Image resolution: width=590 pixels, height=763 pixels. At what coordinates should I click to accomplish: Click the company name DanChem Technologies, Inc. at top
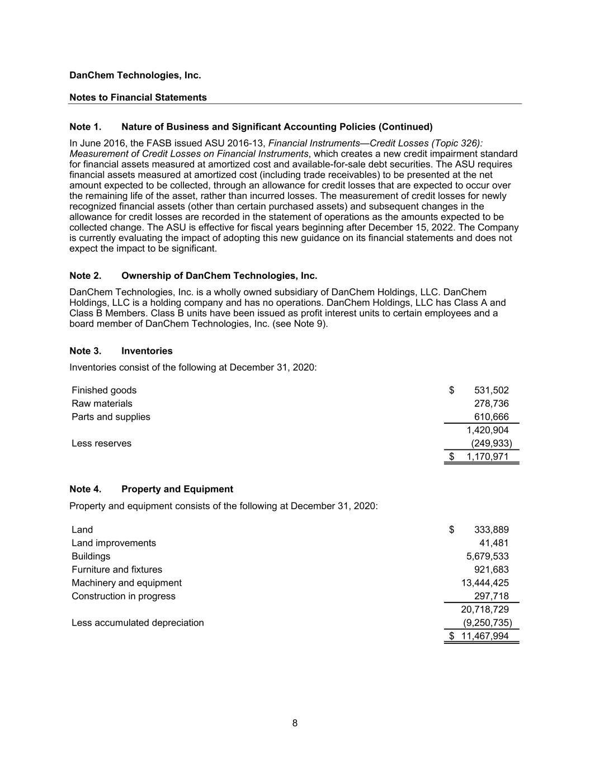(135, 75)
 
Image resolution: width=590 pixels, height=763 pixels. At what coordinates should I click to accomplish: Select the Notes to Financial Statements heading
(138, 97)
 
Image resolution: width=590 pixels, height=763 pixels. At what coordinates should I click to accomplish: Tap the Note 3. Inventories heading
(121, 351)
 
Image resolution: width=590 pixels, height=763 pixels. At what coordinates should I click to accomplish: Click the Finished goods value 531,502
(491, 390)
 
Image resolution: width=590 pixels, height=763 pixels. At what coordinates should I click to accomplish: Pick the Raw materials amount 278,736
(491, 404)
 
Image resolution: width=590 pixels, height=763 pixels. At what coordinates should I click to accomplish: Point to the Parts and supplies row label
(111, 417)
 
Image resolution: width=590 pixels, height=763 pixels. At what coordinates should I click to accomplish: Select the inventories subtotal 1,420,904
(487, 430)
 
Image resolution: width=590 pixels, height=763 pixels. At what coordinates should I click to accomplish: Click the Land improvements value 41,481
(494, 543)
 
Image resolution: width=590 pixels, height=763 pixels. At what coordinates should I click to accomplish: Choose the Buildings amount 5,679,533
(487, 556)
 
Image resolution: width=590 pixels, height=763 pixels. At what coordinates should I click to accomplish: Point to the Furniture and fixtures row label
(117, 570)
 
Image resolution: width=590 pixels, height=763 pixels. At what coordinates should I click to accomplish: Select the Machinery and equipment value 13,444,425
(484, 583)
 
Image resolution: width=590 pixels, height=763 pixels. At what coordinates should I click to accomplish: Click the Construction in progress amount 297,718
(491, 596)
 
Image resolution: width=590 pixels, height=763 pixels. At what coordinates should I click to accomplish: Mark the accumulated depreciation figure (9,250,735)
(487, 623)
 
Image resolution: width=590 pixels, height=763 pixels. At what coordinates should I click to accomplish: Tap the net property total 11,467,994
(484, 636)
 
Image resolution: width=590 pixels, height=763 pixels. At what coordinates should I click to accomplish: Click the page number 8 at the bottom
(295, 723)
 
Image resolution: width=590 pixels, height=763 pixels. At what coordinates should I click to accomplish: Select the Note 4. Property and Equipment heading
(151, 489)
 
